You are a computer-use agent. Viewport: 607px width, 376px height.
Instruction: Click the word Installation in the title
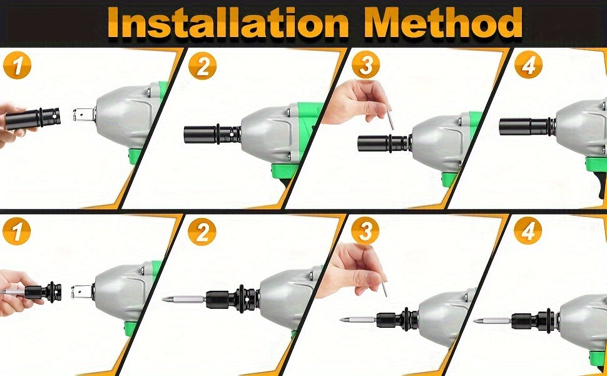coord(229,23)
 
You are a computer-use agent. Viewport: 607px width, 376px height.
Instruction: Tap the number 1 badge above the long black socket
coord(17,65)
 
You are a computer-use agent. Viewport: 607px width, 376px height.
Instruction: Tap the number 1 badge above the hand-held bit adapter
coord(17,232)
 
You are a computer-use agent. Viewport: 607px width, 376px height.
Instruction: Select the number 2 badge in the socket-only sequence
coord(202,65)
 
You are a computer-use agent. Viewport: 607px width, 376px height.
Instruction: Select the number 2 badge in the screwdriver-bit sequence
coord(202,232)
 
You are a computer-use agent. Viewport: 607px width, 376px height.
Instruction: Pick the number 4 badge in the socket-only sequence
coord(528,65)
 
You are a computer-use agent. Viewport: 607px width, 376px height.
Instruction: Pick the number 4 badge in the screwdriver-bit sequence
coord(528,232)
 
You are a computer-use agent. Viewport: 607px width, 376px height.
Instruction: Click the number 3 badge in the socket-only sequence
coord(365,65)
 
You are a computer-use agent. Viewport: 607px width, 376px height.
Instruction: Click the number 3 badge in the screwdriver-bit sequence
coord(365,232)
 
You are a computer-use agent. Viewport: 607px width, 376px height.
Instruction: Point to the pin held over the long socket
coord(390,119)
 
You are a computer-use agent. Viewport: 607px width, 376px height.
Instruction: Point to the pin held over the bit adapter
coord(384,289)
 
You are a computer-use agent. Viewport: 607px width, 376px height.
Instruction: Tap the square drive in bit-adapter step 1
coord(81,291)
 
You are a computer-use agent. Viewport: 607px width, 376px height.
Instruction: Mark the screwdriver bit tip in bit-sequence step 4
coord(477,321)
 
